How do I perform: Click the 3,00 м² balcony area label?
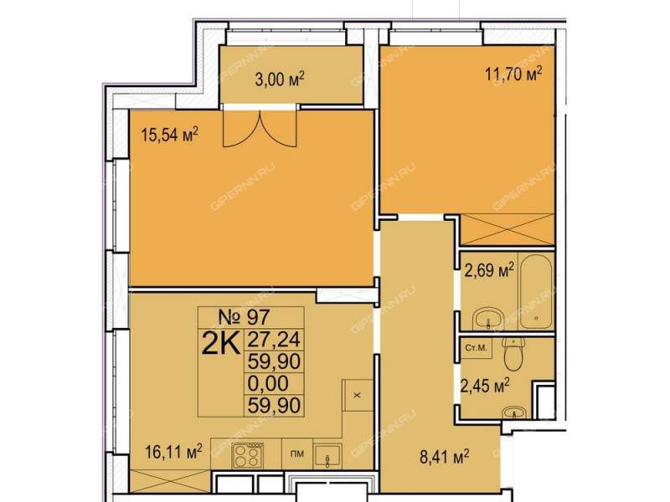pyautogui.click(x=280, y=79)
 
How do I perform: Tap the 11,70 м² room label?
pyautogui.click(x=513, y=74)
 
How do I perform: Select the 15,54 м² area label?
pyautogui.click(x=170, y=136)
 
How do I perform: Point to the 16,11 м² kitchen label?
pyautogui.click(x=173, y=452)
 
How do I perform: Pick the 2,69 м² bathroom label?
pyautogui.click(x=489, y=270)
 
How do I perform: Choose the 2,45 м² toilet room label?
pyautogui.click(x=485, y=387)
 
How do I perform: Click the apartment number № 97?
pyautogui.click(x=244, y=317)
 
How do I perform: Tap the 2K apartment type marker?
pyautogui.click(x=221, y=344)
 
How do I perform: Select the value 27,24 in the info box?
pyautogui.click(x=275, y=340)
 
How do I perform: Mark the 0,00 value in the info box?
pyautogui.click(x=268, y=383)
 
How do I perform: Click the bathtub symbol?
pyautogui.click(x=536, y=291)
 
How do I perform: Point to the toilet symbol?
pyautogui.click(x=513, y=353)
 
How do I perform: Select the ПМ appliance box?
pyautogui.click(x=297, y=453)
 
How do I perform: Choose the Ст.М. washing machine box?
pyautogui.click(x=477, y=347)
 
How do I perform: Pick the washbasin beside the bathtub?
pyautogui.click(x=488, y=318)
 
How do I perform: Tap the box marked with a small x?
pyautogui.click(x=358, y=395)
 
